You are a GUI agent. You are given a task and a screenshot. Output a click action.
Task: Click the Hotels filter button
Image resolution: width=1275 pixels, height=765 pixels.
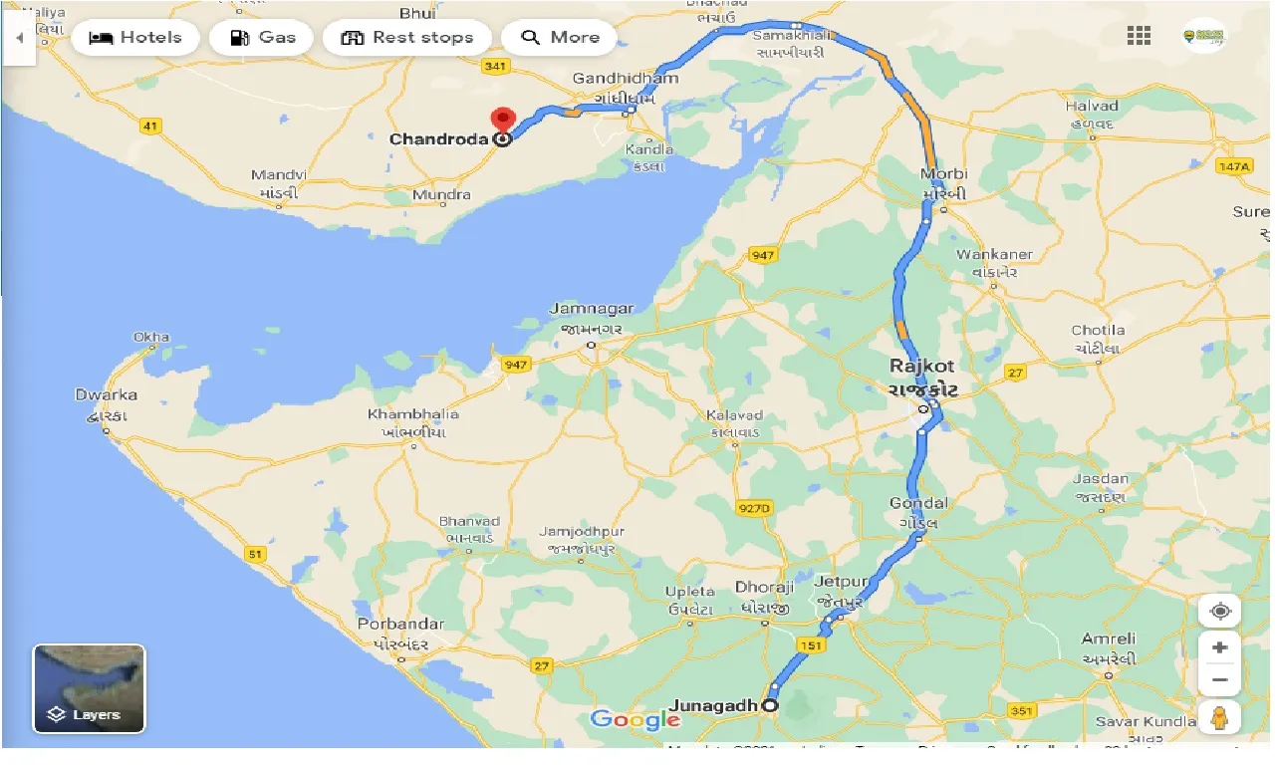click(x=135, y=38)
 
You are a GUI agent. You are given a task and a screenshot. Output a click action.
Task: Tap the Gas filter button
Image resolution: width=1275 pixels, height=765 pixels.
click(x=263, y=38)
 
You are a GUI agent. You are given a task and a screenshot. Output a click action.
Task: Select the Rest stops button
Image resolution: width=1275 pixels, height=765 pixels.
click(x=406, y=38)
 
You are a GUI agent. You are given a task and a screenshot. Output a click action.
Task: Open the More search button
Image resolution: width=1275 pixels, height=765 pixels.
click(x=560, y=38)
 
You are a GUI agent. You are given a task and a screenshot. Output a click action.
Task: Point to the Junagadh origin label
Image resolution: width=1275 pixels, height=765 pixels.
click(x=713, y=705)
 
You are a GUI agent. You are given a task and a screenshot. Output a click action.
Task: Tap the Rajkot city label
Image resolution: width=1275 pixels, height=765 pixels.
click(x=921, y=367)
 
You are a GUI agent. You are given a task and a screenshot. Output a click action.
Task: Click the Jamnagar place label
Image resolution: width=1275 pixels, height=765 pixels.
click(x=592, y=309)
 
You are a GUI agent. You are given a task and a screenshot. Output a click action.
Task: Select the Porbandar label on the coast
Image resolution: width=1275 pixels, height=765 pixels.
click(x=400, y=625)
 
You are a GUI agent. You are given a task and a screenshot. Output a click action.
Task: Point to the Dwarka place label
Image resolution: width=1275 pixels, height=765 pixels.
click(x=107, y=395)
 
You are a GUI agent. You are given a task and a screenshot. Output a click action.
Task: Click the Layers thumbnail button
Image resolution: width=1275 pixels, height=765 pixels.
click(x=90, y=688)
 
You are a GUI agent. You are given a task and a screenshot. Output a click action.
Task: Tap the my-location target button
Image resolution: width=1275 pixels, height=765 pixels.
click(x=1219, y=611)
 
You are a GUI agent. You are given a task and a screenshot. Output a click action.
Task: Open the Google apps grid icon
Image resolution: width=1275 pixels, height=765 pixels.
click(x=1139, y=37)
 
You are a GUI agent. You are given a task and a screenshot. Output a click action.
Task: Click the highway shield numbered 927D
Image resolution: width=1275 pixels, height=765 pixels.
click(x=754, y=508)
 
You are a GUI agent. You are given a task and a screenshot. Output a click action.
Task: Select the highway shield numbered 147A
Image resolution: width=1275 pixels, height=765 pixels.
click(x=1232, y=166)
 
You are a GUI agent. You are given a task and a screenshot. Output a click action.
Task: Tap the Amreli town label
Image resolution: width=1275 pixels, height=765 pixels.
click(x=1108, y=638)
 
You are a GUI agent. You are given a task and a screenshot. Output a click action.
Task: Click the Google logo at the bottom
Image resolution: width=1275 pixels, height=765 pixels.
click(x=635, y=719)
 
